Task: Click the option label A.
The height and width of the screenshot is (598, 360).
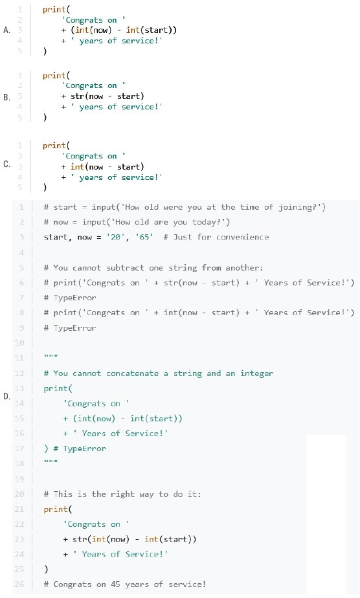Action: click(7, 30)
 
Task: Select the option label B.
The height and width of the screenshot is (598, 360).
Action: click(7, 97)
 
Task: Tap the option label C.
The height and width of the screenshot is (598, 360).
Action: click(7, 164)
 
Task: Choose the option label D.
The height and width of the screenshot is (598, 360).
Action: click(7, 397)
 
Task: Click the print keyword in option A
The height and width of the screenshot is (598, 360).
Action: click(54, 10)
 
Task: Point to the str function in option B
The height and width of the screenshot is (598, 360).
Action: click(78, 96)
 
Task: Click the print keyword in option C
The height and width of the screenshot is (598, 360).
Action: click(54, 146)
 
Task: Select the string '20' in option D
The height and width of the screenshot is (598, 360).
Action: click(116, 238)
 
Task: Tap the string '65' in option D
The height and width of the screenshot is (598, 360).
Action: click(144, 238)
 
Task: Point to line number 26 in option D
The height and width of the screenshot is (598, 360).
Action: click(19, 584)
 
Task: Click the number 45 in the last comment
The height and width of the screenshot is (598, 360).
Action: click(115, 584)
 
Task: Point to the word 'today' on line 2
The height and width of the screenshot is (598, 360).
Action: click(204, 222)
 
